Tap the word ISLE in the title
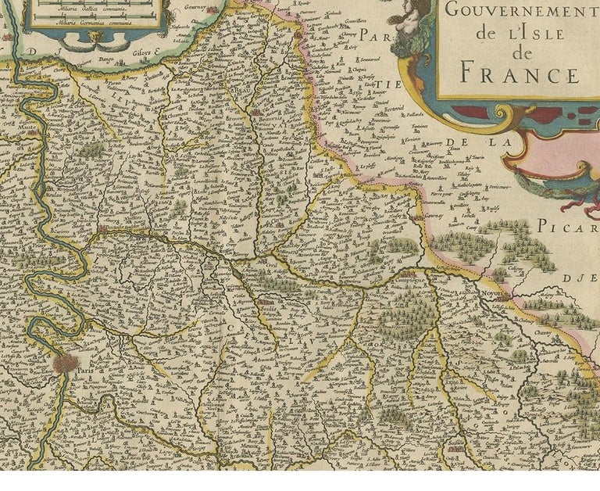tap(539, 33)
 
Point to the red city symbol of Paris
tap(66, 363)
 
